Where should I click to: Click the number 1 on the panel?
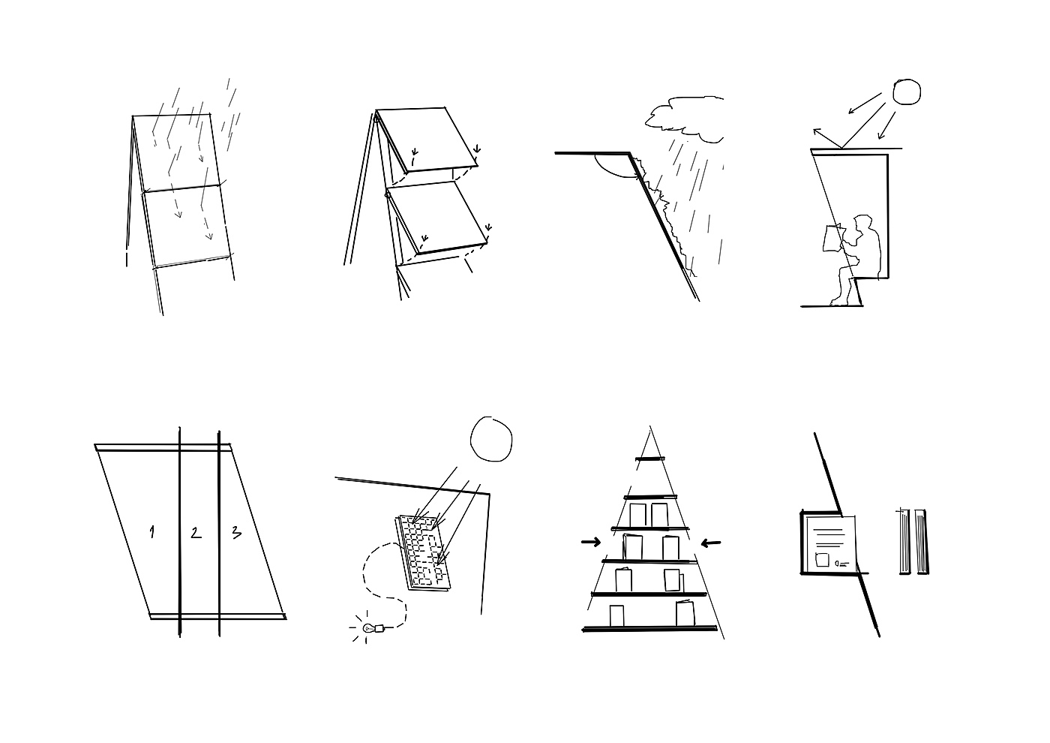click(x=151, y=532)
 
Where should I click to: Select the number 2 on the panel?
click(x=196, y=532)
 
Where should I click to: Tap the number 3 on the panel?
click(x=237, y=532)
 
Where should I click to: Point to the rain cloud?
click(x=684, y=119)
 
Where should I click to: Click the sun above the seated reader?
click(x=907, y=92)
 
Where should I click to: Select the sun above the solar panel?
click(x=491, y=438)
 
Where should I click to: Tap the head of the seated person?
click(x=862, y=224)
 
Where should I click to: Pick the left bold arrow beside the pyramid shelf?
click(x=591, y=542)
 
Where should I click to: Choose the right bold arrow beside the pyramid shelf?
click(x=711, y=543)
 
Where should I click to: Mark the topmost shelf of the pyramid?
click(x=650, y=459)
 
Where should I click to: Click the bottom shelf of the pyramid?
click(x=649, y=629)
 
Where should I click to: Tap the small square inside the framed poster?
click(x=823, y=560)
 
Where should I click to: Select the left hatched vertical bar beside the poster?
click(x=904, y=541)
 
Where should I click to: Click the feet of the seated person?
click(x=840, y=301)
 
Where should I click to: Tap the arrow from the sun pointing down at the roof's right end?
click(x=886, y=125)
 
